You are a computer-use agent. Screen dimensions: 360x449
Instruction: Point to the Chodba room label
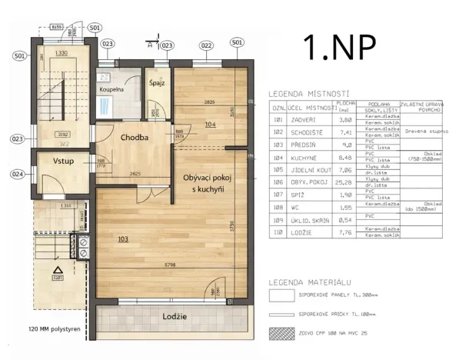[x=135, y=138]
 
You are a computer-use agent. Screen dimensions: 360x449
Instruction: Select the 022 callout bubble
[x=206, y=45]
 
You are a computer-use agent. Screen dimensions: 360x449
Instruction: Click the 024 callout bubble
[x=18, y=174]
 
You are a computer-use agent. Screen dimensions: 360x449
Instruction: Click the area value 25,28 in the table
[x=346, y=183]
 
